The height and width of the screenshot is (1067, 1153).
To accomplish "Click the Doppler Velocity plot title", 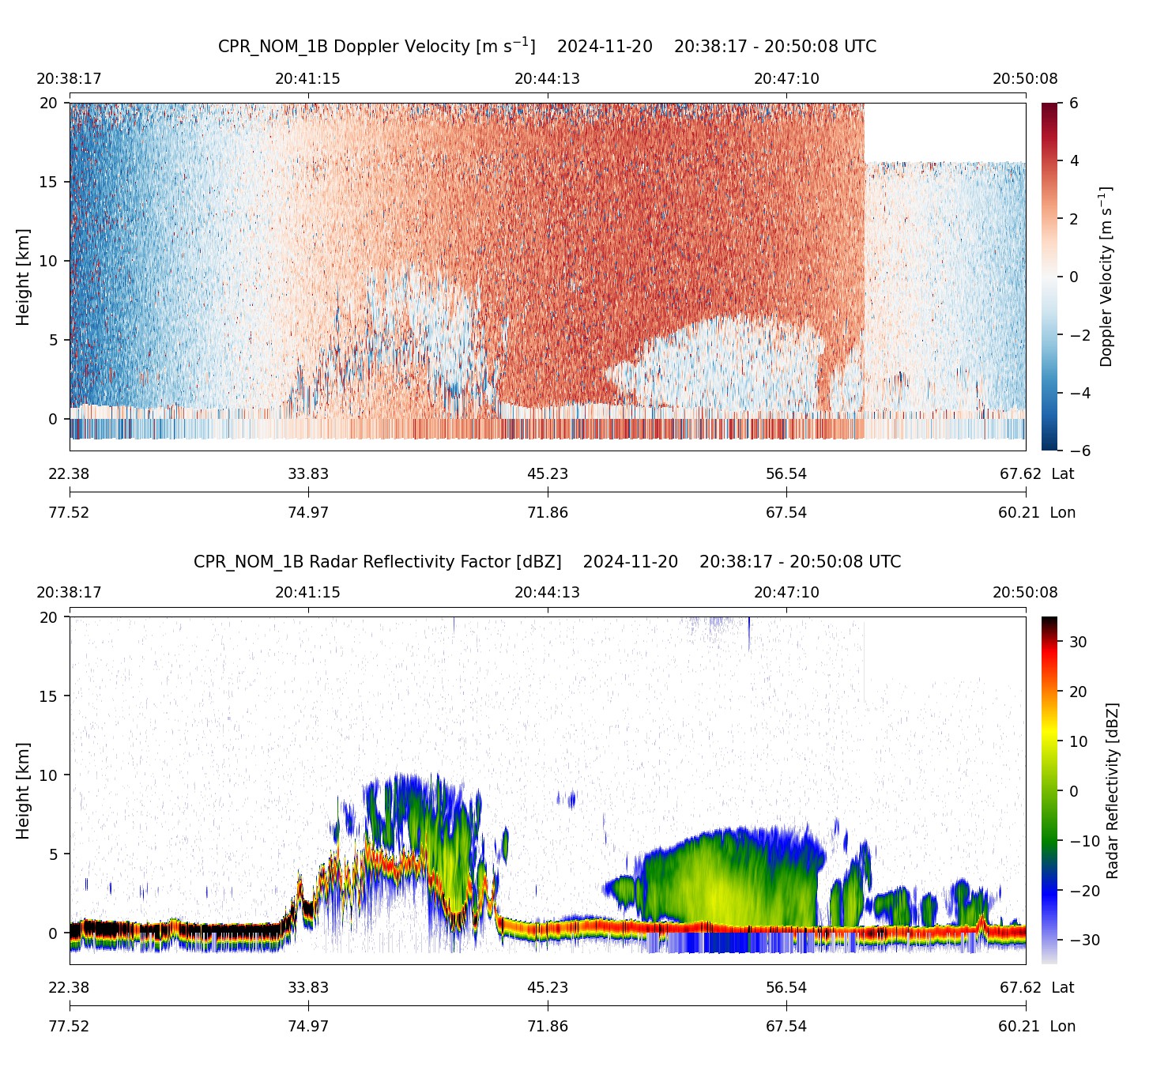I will coord(547,46).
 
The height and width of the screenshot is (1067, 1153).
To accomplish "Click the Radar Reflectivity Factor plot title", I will coord(547,562).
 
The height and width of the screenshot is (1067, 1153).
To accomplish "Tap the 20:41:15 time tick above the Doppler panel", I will coord(307,79).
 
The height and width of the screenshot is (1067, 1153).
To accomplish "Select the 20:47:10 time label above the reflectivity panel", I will coord(786,593).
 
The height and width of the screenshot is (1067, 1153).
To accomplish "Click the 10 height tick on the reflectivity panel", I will coord(49,775).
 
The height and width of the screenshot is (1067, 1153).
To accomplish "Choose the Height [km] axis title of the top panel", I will coord(23,277).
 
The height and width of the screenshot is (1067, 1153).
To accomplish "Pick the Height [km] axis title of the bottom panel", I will coord(23,790).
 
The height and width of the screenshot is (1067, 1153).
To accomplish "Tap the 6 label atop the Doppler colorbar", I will coord(1074,104).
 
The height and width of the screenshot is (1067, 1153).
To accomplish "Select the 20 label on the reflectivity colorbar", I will coord(1078,692).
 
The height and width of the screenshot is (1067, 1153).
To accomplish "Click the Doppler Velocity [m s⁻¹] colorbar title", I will coord(1106,277).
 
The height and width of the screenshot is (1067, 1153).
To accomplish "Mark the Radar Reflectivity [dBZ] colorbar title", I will coord(1113,790).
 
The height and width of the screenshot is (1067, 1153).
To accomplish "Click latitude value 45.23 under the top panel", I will coord(548,474).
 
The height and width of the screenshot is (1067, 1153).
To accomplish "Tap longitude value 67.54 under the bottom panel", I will coord(786,1026).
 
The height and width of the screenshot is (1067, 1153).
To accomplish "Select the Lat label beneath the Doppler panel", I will coord(1063,474).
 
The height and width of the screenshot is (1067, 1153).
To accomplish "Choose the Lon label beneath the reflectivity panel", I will coord(1063,1026).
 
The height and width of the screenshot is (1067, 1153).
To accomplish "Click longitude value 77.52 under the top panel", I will coord(70,512).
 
